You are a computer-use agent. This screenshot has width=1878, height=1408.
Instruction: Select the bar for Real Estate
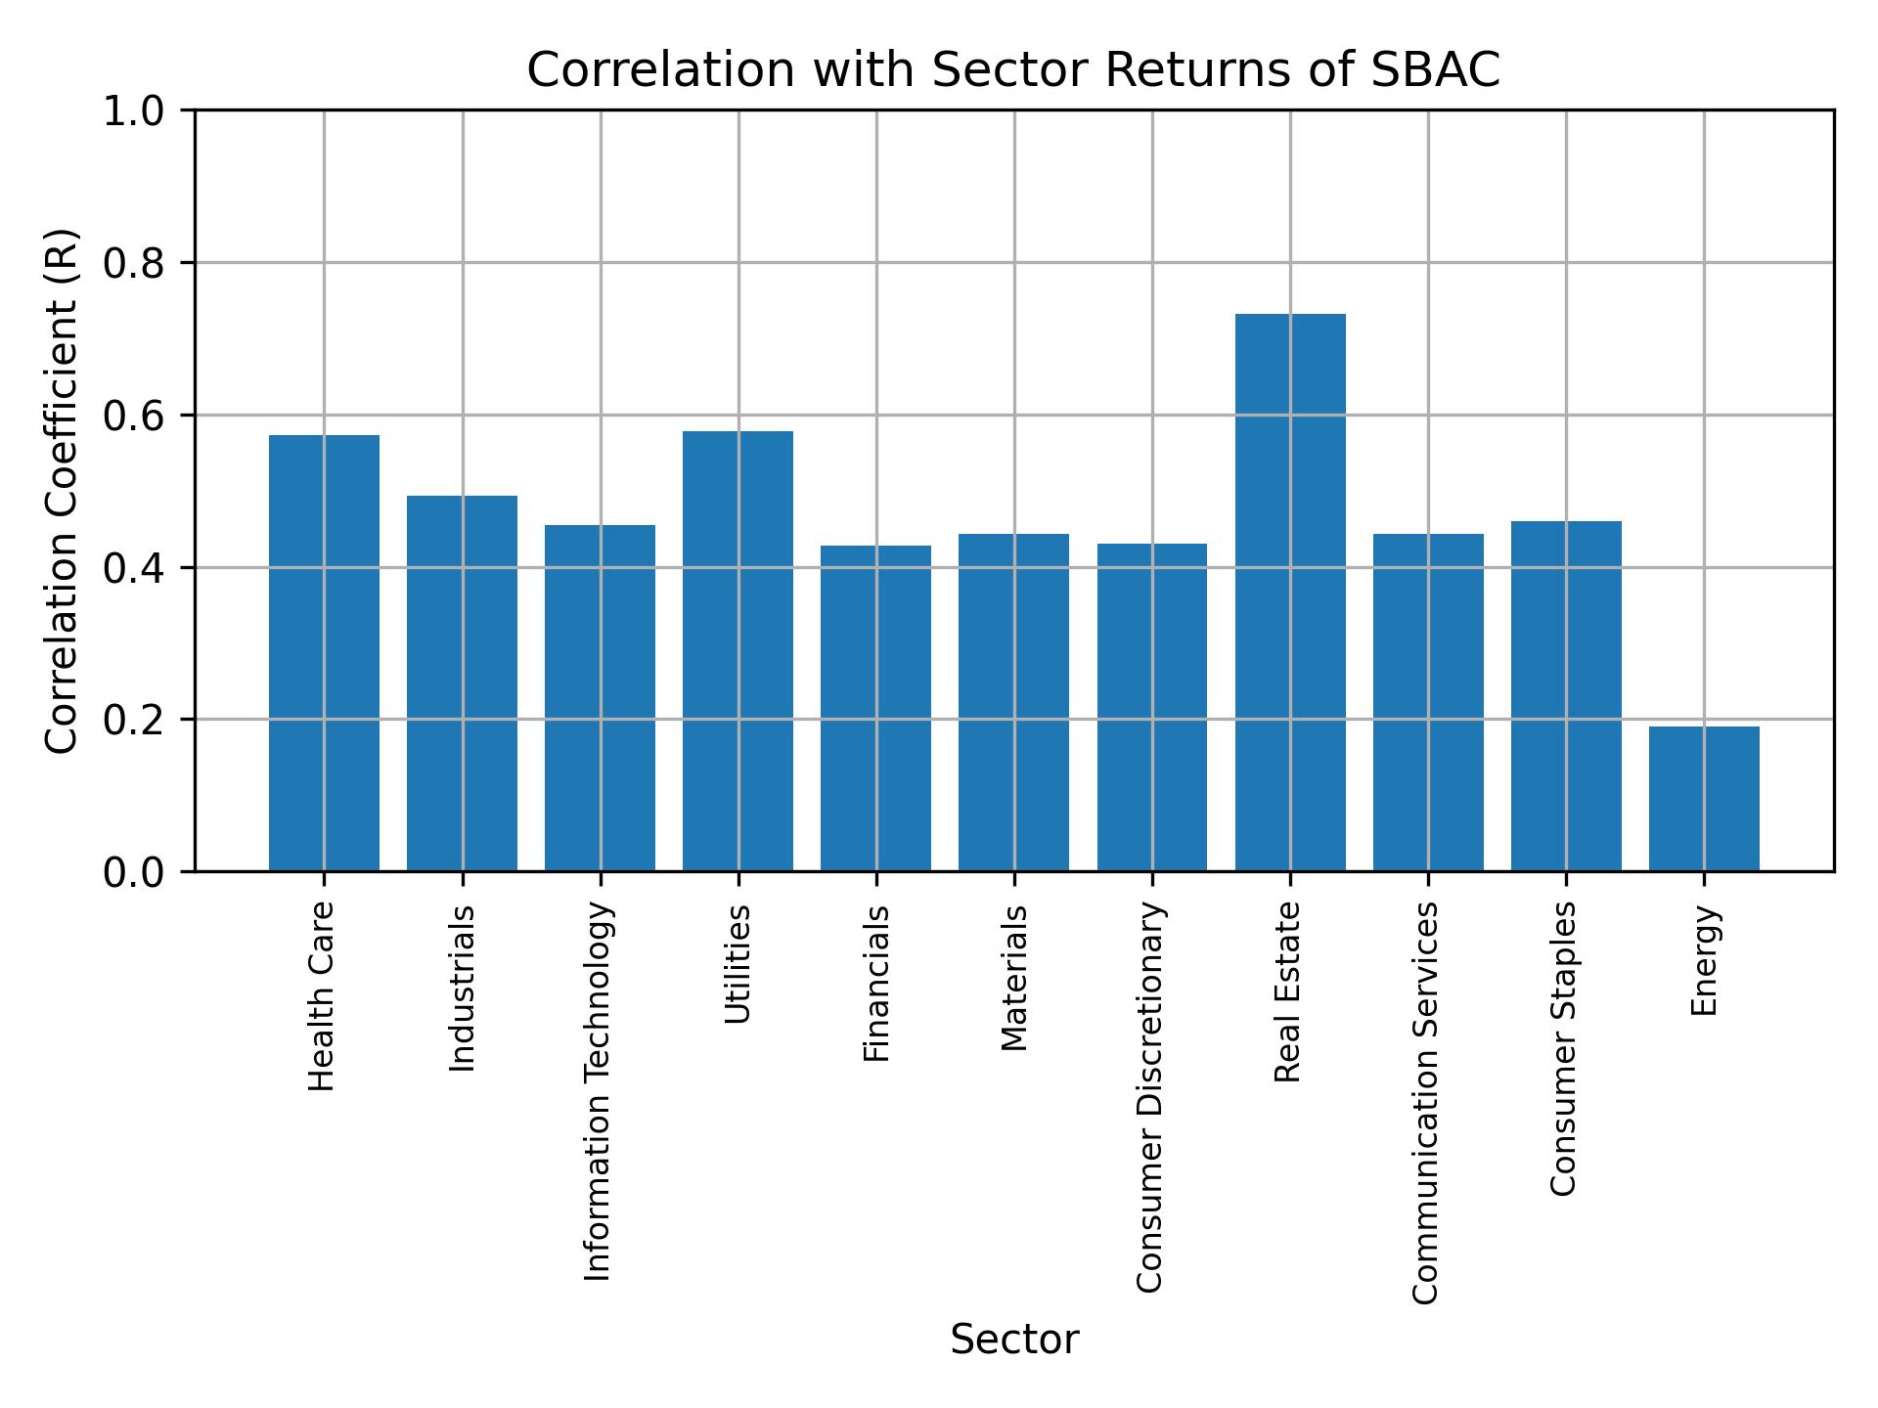[x=1289, y=592]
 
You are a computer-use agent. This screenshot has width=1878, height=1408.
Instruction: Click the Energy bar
[x=1704, y=798]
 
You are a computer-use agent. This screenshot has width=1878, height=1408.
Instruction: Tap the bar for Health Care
[x=324, y=652]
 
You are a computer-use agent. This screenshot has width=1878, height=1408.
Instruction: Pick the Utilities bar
[x=738, y=650]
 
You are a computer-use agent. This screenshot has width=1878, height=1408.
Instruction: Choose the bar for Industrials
[x=462, y=682]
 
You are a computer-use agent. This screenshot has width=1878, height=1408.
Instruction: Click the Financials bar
[x=875, y=708]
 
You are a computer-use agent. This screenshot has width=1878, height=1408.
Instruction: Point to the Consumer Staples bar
[x=1566, y=695]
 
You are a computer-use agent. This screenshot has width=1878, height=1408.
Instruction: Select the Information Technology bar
[x=600, y=697]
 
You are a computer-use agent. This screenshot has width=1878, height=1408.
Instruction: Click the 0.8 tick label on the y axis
[x=134, y=264]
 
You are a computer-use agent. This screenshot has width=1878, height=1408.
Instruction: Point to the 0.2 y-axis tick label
[x=134, y=720]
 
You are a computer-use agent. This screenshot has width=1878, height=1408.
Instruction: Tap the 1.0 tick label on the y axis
[x=134, y=111]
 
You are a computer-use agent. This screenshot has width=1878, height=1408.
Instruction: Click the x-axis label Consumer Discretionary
[x=1151, y=1097]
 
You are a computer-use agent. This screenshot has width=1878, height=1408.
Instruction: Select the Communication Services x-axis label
[x=1427, y=1102]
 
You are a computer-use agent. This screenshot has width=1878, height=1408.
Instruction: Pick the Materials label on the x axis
[x=1014, y=978]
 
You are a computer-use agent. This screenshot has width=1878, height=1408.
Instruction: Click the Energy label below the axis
[x=1704, y=960]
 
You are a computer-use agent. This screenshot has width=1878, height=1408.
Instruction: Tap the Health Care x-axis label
[x=323, y=996]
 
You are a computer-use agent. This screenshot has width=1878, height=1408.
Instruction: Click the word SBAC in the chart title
[x=1435, y=70]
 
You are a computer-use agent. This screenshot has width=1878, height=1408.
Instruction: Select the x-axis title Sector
[x=1014, y=1340]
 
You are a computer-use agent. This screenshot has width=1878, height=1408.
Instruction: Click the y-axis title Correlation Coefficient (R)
[x=62, y=491]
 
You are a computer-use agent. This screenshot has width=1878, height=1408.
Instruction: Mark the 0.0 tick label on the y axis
[x=134, y=872]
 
